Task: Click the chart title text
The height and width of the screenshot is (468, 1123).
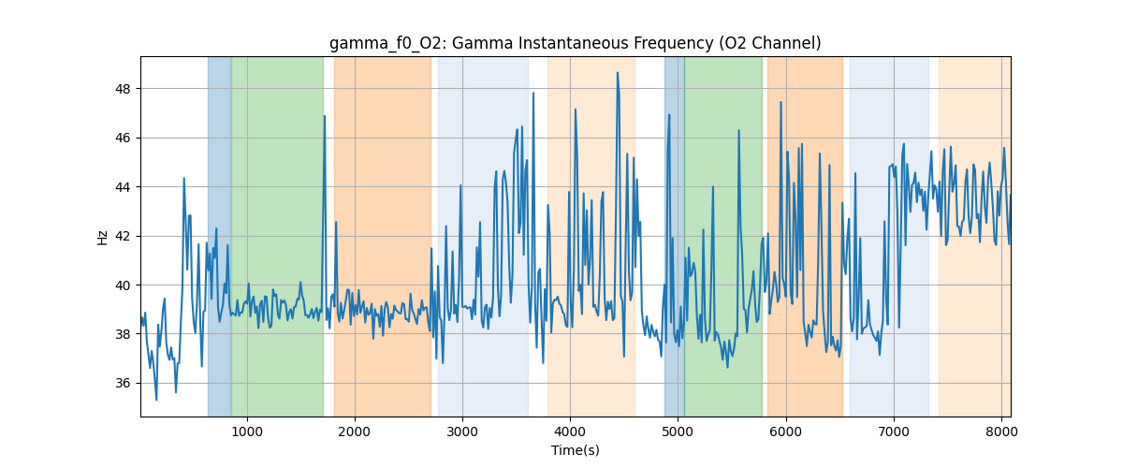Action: coord(575,43)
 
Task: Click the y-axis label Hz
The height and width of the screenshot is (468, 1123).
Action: coord(103,237)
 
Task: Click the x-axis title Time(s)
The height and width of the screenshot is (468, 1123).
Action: coord(575,450)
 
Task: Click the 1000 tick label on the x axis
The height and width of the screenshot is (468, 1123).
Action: coord(246,431)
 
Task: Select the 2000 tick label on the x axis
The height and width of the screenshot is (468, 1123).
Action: coord(355,431)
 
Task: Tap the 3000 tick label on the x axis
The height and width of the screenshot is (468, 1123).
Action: coord(462,431)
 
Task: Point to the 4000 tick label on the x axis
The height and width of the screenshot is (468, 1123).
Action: coord(570,431)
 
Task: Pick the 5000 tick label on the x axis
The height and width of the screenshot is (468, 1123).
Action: coord(678,431)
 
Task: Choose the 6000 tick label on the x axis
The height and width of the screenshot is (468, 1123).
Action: coord(786,431)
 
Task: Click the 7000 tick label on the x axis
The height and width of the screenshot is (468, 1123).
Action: coord(894,431)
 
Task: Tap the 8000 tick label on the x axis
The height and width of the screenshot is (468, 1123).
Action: coord(1001,431)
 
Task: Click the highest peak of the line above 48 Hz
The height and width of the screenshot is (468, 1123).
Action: coord(618,73)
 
